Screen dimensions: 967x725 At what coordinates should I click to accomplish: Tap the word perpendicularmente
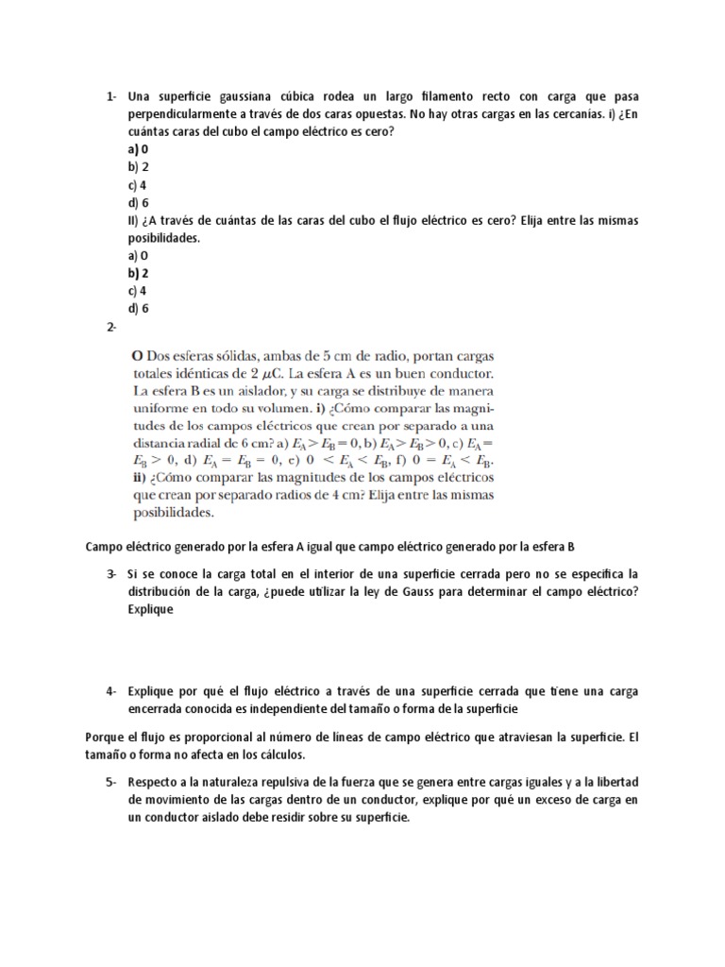(x=188, y=113)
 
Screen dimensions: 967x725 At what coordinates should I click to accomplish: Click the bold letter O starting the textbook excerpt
(x=136, y=356)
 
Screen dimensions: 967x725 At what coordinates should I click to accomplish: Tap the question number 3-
(x=111, y=574)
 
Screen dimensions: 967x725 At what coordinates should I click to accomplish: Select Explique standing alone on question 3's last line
(x=153, y=609)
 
